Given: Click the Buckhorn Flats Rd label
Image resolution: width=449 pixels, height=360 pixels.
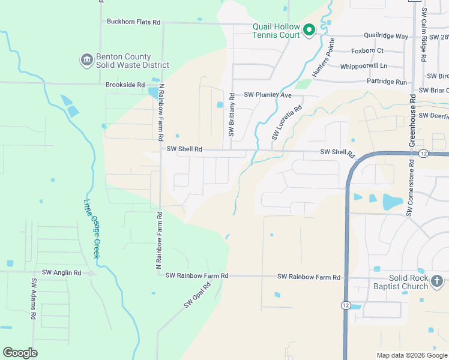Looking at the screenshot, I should click(133, 22).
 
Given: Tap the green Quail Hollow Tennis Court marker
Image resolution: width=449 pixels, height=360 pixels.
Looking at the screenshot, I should click(309, 29).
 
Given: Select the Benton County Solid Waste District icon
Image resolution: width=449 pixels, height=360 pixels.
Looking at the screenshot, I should click(86, 60).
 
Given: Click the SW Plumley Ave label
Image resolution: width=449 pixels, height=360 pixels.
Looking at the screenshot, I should click(267, 95).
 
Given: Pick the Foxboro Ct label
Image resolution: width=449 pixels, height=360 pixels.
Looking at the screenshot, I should click(367, 51).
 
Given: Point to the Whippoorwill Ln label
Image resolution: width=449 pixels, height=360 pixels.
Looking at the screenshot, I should click(363, 66).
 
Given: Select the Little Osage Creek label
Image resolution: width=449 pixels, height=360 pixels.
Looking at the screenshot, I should click(91, 229).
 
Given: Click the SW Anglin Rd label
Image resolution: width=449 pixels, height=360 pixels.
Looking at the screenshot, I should click(61, 272).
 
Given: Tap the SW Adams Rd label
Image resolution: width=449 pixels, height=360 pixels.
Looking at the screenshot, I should click(34, 298).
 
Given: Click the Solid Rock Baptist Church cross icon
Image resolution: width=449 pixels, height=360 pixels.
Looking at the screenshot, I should click(437, 281).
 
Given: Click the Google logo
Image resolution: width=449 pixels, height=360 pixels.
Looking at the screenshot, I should click(20, 353).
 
